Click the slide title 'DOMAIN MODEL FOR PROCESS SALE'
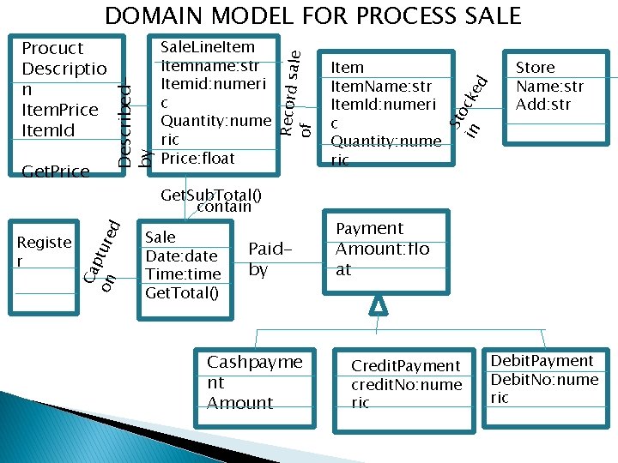click(312, 15)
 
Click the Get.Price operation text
click(55, 171)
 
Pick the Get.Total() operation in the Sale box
click(182, 293)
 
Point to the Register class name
click(44, 251)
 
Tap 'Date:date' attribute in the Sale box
click(181, 256)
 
